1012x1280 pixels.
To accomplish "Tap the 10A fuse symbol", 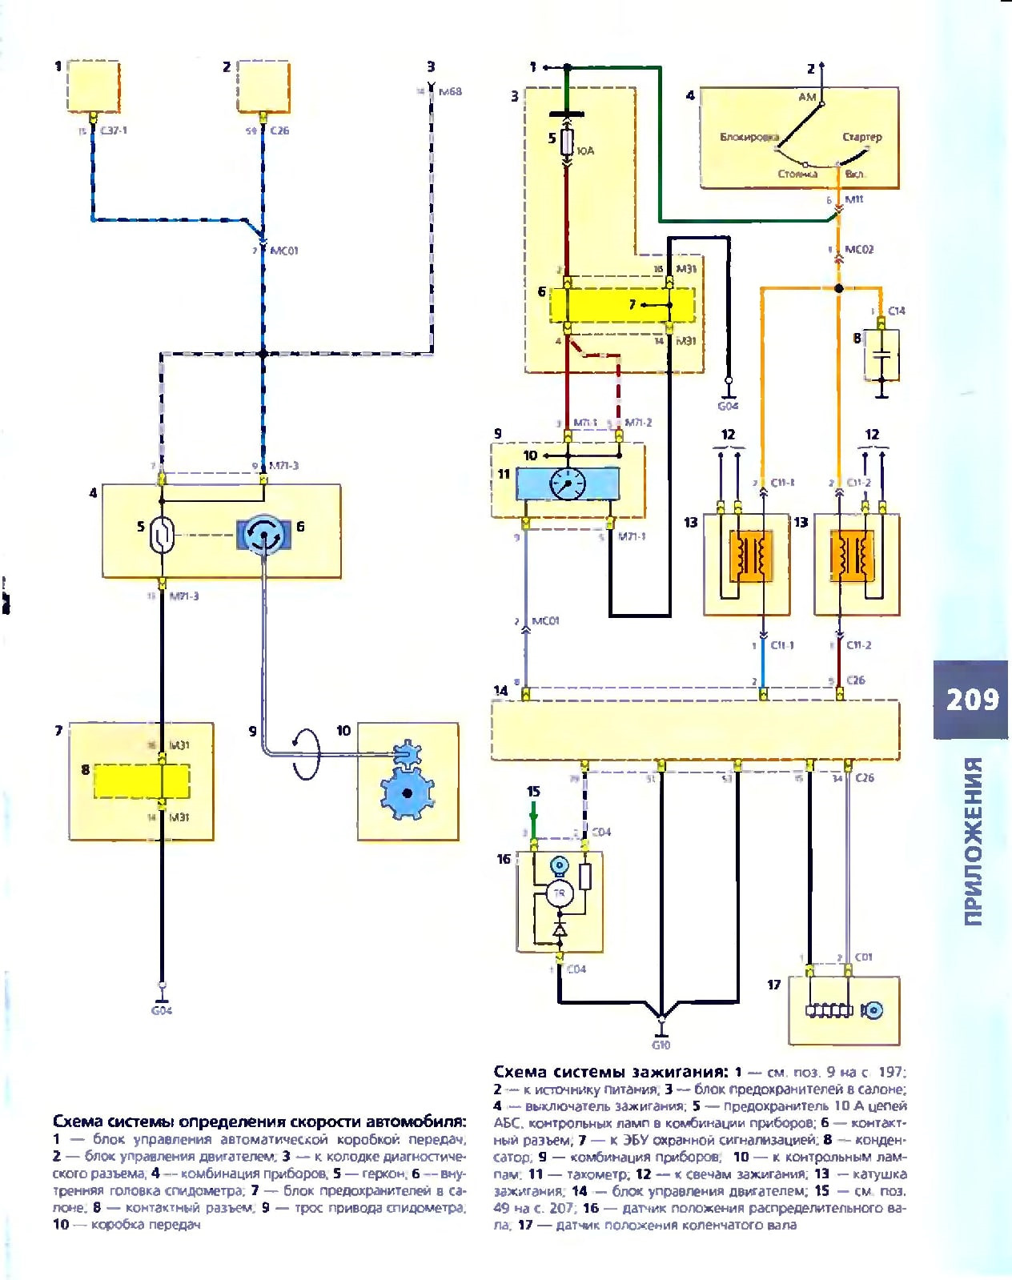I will (x=567, y=143).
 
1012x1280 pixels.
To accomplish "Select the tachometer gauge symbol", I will (x=567, y=483).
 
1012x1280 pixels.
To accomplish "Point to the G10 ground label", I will (x=661, y=1045).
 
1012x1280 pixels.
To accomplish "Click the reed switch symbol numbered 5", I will (x=162, y=535).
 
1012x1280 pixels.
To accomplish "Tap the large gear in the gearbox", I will (x=407, y=792).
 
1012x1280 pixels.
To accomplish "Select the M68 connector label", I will (x=450, y=91).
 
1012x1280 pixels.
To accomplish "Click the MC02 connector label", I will (x=859, y=250).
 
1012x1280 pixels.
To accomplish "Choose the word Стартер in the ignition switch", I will (x=861, y=137).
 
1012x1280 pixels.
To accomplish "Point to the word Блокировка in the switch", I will (x=749, y=137).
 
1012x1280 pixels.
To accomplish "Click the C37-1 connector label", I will (x=114, y=130).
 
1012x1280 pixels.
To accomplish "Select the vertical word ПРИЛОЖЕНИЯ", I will (x=973, y=841).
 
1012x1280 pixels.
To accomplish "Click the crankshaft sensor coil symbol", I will (x=829, y=1011).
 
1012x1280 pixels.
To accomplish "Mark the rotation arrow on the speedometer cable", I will (x=306, y=752).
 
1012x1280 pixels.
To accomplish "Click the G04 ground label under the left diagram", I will (x=162, y=1010).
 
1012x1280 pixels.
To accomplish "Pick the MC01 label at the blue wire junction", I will (x=283, y=251).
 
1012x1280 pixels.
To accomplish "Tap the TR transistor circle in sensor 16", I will (x=560, y=893).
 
